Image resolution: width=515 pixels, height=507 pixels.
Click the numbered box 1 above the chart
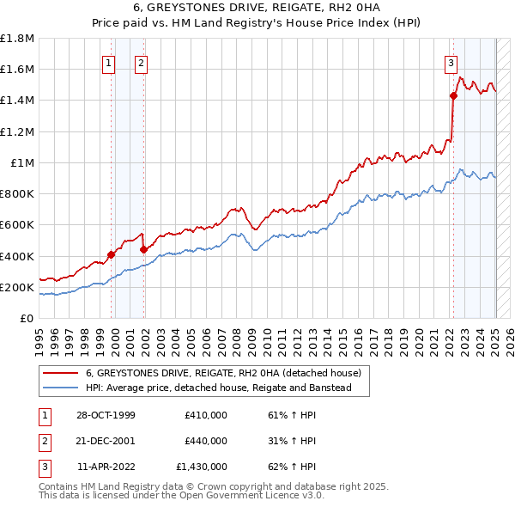coord(110,62)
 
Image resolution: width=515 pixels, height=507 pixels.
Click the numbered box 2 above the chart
coord(141,62)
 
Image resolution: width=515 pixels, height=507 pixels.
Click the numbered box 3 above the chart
coord(451,62)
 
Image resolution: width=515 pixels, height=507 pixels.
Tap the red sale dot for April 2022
coord(453,95)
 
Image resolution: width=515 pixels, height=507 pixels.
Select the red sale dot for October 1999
coord(112,254)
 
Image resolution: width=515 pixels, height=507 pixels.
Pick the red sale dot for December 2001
coord(143,249)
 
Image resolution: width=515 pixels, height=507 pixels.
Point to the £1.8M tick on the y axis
coord(17,38)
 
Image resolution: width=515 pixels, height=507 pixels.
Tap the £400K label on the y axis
coord(17,256)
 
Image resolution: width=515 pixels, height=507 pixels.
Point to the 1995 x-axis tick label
coord(39,335)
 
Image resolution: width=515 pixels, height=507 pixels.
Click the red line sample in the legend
coord(61,374)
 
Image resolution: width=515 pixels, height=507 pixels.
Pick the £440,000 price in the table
coord(206,441)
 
